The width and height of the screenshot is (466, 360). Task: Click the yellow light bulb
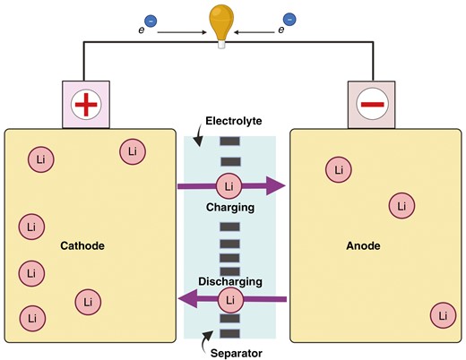click(220, 21)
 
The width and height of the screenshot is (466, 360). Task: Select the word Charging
click(230, 207)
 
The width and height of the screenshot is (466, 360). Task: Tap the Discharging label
click(230, 281)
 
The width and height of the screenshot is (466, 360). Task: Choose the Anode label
click(365, 244)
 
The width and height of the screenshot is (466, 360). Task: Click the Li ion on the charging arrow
click(229, 186)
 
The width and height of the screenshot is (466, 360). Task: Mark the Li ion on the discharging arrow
click(230, 299)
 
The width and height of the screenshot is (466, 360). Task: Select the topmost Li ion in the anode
click(338, 168)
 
